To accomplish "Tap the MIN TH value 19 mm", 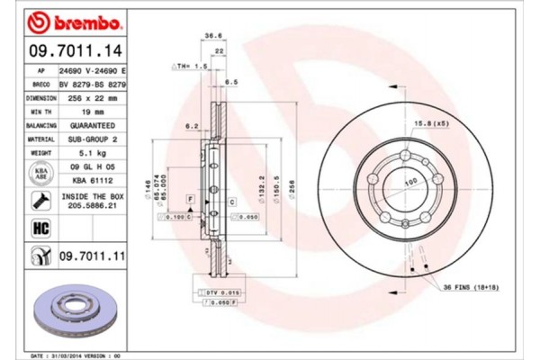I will [x=93, y=112].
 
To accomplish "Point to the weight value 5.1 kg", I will [x=93, y=153].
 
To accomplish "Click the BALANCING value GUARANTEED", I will [x=93, y=126].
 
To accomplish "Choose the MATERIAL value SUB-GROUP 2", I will [x=93, y=139].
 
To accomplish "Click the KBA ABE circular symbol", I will [x=40, y=174].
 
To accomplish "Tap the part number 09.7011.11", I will [x=92, y=258].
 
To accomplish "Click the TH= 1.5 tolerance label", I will [x=191, y=67].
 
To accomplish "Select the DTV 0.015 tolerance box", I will [x=218, y=293].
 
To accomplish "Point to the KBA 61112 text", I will [x=93, y=179].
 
